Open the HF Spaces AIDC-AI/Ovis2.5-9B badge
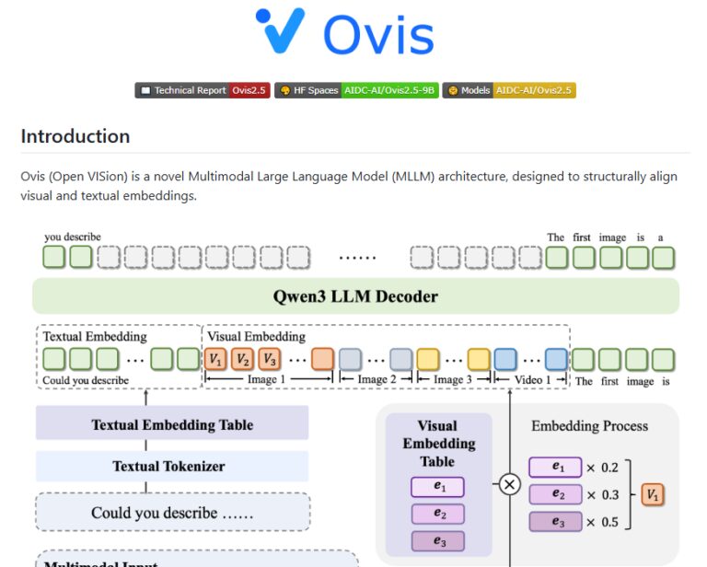tap(355, 90)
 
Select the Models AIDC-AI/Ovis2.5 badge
tap(509, 90)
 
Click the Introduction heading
tap(75, 136)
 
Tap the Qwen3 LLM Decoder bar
tap(355, 296)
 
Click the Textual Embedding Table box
tap(172, 424)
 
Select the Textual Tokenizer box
tap(172, 466)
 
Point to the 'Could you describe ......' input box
tap(172, 513)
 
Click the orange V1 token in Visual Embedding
tap(215, 359)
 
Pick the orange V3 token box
tap(268, 359)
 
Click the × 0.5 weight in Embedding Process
tap(604, 522)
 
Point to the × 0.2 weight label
tap(604, 467)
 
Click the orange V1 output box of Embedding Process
tap(653, 494)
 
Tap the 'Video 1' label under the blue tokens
tap(531, 380)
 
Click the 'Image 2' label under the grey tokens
tap(373, 380)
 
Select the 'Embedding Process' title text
tap(589, 426)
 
